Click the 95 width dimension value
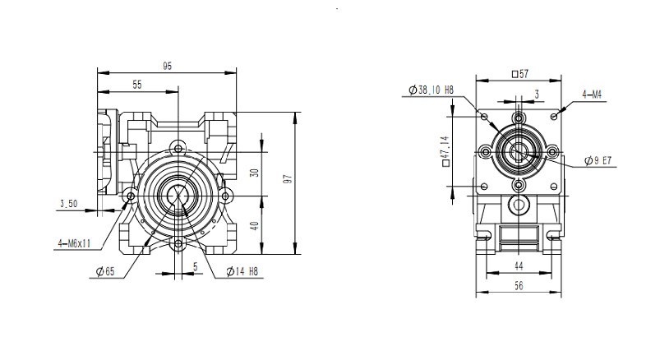pyautogui.click(x=167, y=65)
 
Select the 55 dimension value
pyautogui.click(x=136, y=85)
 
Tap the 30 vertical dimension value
pyautogui.click(x=255, y=173)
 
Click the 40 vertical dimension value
pyautogui.click(x=255, y=225)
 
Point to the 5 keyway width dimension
pyautogui.click(x=195, y=266)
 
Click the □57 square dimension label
pyautogui.click(x=519, y=74)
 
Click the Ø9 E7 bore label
pyautogui.click(x=597, y=161)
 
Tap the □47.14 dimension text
pyautogui.click(x=445, y=151)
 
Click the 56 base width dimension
pyautogui.click(x=519, y=287)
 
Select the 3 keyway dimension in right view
pyautogui.click(x=536, y=95)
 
